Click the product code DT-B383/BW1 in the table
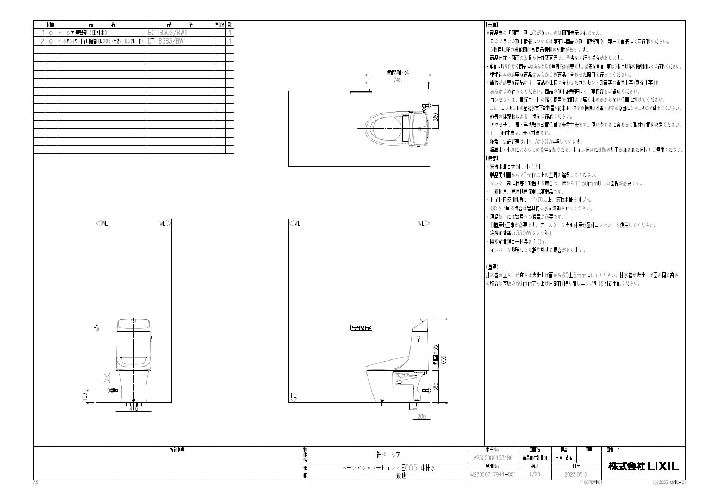coord(167,41)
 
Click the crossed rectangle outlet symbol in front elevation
coord(107,378)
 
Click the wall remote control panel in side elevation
coord(361,327)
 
